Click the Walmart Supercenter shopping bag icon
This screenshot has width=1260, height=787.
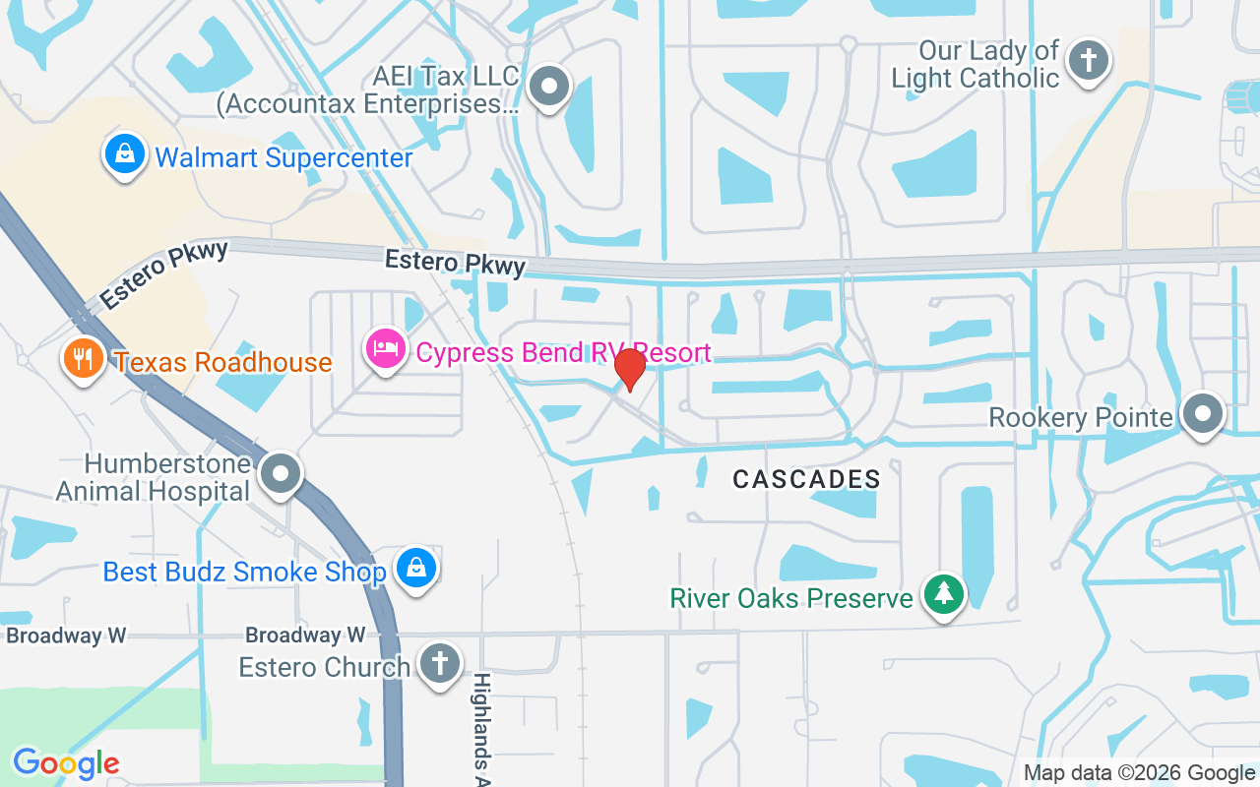click(124, 155)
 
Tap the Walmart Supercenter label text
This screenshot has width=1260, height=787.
click(283, 157)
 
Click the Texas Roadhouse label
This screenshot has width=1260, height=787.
click(223, 362)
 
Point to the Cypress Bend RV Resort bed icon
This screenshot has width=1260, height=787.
click(385, 348)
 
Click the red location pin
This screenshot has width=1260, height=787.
click(630, 370)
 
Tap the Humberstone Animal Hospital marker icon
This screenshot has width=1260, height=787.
click(282, 473)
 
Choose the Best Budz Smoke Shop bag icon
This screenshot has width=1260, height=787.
click(416, 569)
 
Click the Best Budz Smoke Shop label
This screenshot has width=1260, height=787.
click(244, 572)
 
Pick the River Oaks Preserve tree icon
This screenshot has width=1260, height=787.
click(945, 594)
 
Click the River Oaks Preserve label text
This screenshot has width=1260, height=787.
click(791, 598)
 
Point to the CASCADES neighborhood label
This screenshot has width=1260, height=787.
click(806, 479)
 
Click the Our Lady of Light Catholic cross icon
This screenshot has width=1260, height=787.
click(1089, 60)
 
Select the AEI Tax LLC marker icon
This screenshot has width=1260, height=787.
click(549, 87)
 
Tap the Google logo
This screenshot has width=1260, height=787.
click(66, 762)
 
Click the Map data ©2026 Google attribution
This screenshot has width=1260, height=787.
click(1139, 773)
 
